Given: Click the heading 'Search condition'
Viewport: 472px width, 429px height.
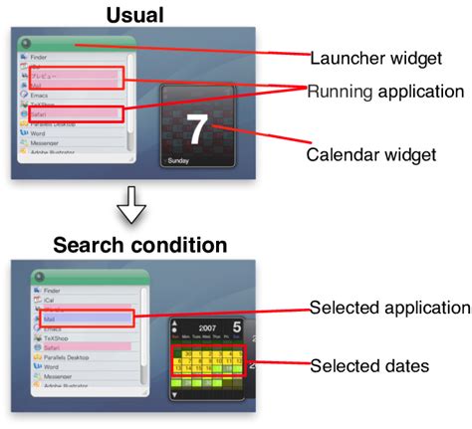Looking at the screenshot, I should pos(139,244).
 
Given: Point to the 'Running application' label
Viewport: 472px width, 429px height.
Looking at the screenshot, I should pos(384,92).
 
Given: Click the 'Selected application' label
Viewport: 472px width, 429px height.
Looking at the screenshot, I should pos(389,308).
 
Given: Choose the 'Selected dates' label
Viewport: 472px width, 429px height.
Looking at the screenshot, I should pos(369,366).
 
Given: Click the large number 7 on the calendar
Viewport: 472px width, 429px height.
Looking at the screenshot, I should pos(199,128).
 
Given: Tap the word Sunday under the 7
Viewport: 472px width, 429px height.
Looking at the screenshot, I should pos(178,159).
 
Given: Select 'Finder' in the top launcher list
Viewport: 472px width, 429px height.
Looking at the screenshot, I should pos(41,59).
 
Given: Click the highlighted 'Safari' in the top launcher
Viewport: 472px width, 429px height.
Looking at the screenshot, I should pos(40,114).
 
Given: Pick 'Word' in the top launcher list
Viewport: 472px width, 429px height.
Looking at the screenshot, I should pos(39,133).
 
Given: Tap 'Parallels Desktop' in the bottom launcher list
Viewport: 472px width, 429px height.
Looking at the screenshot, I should pos(56,357).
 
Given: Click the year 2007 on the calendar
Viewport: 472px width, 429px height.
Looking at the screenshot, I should pos(206,326).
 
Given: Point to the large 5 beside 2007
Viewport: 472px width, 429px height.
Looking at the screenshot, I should pos(236,326).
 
